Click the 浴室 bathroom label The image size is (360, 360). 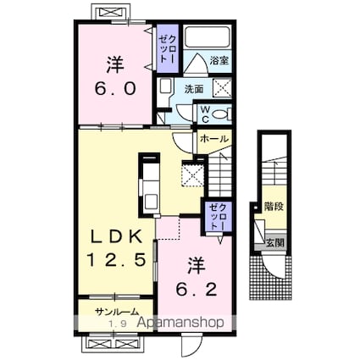(x=219, y=60)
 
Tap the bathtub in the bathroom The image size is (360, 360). (x=207, y=37)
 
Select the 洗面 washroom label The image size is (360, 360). (x=194, y=89)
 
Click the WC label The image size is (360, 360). (x=205, y=114)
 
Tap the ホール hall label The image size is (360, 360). (x=213, y=139)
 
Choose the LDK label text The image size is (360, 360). (x=116, y=237)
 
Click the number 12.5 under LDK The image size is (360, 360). (x=116, y=259)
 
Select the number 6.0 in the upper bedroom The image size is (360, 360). (x=115, y=88)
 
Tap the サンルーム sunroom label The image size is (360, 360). (x=117, y=312)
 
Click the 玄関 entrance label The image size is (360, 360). (x=274, y=242)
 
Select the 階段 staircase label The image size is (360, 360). (x=274, y=207)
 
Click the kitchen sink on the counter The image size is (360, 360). (x=151, y=202)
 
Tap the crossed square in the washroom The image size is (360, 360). (x=222, y=88)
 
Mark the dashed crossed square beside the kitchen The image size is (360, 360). (x=192, y=176)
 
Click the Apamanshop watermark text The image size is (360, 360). (x=181, y=322)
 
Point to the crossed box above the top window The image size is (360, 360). (x=112, y=13)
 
